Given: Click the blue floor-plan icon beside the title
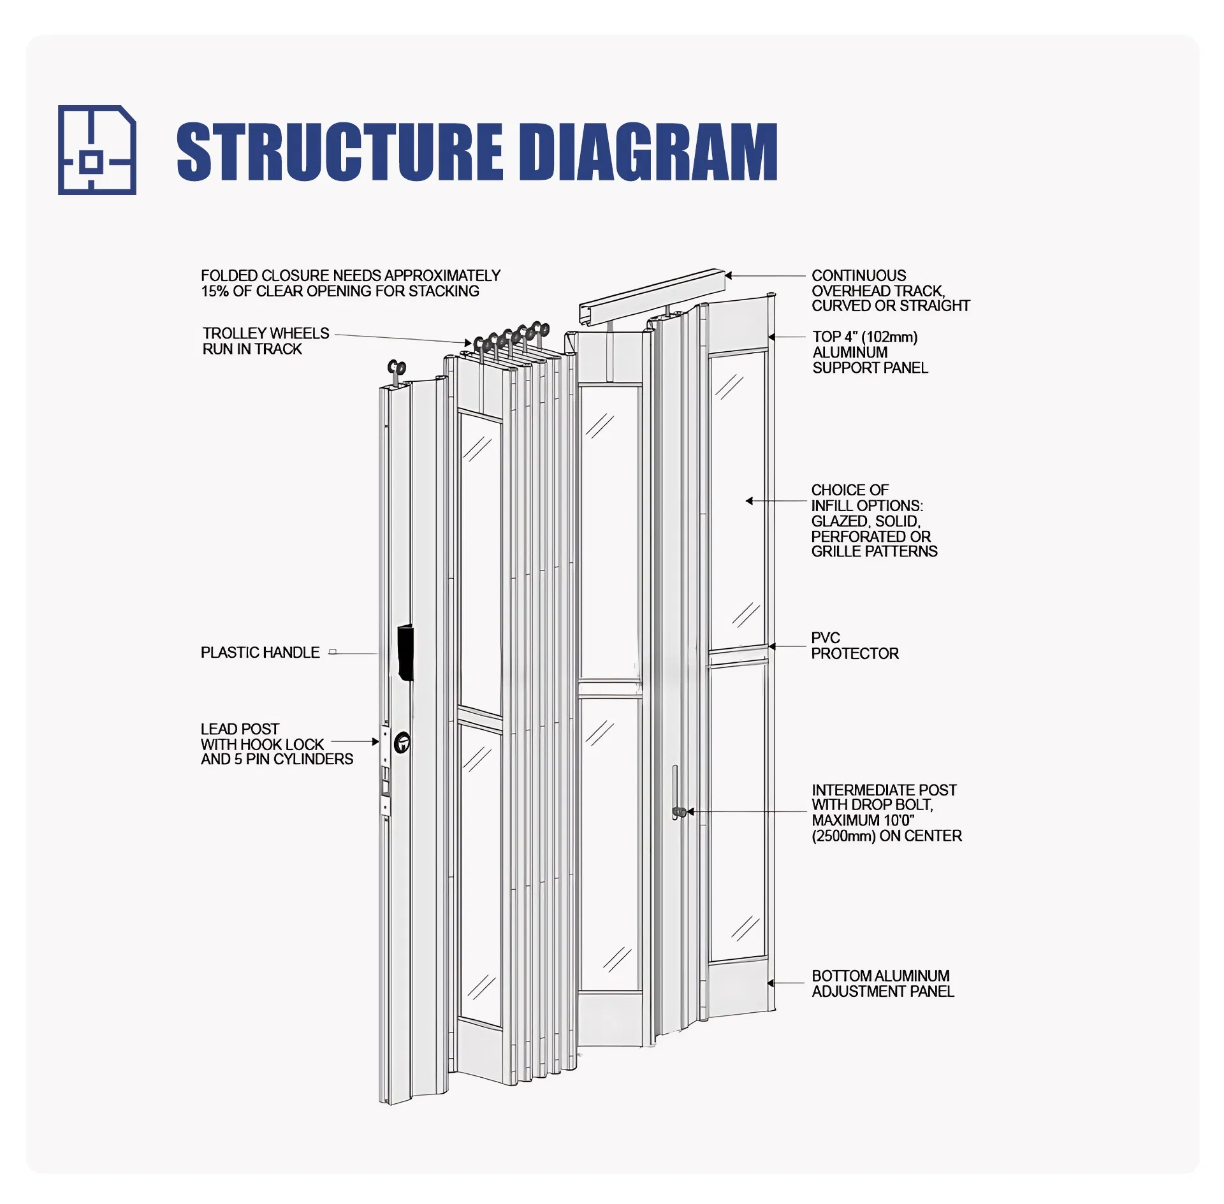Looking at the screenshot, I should [x=97, y=150].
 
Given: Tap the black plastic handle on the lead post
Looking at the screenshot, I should [x=405, y=653].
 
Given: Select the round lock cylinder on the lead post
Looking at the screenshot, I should [x=402, y=743].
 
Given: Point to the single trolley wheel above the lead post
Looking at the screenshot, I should [x=397, y=368].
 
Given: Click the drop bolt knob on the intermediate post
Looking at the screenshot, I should [x=680, y=812].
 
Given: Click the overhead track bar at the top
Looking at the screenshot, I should [x=650, y=297].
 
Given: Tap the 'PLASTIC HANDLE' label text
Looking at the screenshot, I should [x=260, y=653].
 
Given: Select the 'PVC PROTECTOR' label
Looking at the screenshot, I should [x=854, y=646].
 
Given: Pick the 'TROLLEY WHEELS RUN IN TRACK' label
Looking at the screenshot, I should [x=265, y=341].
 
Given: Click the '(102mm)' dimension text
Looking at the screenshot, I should [x=889, y=337].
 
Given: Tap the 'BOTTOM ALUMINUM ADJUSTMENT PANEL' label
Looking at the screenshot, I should [x=882, y=983].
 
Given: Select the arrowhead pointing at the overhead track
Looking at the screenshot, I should [x=729, y=276].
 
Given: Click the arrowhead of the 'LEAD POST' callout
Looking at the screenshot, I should [x=375, y=741].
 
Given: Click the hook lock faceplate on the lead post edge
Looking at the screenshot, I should [x=385, y=771].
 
